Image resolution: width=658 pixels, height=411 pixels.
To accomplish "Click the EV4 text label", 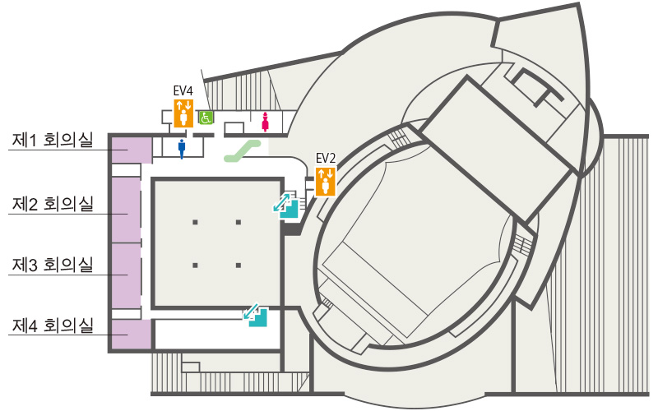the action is (183, 90).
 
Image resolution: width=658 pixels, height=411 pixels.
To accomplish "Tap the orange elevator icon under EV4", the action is (183, 113).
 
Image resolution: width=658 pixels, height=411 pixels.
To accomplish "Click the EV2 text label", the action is (326, 158).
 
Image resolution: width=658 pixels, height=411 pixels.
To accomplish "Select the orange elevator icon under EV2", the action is (326, 181).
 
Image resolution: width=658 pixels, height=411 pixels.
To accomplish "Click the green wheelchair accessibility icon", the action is (206, 118).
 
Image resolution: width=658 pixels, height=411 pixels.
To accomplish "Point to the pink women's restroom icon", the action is (265, 122).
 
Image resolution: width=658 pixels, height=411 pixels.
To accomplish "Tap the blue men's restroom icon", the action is (182, 149).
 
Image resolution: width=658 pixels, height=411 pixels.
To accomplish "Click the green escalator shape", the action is (243, 151).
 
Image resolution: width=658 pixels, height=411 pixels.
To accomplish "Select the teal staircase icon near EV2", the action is (286, 205).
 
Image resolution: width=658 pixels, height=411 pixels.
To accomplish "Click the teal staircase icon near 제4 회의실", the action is (256, 316).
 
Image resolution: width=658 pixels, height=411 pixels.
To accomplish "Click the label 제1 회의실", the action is (53, 140).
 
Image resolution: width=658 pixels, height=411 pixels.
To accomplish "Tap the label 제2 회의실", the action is (53, 204).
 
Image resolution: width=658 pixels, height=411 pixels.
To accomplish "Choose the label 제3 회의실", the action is (53, 265).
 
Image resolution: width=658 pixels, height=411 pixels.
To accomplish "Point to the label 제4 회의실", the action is (53, 326).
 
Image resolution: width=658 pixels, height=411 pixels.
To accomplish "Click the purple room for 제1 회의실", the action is (132, 150).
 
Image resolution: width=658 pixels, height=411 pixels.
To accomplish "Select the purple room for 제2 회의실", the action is (127, 210).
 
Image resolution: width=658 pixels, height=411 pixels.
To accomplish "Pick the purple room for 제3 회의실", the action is (127, 276).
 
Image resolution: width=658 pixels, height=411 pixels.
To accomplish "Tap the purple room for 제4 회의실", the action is (132, 335).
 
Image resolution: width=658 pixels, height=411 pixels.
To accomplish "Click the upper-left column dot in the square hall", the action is (195, 222).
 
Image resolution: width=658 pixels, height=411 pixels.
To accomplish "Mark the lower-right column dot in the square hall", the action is (239, 266).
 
